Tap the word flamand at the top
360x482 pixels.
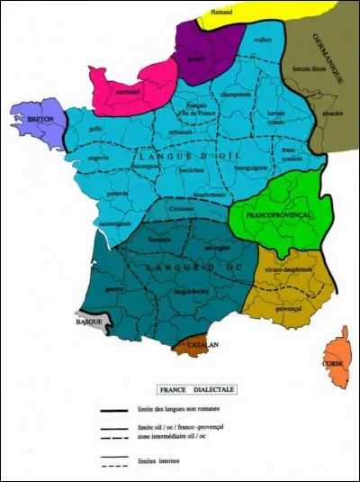point(222,12)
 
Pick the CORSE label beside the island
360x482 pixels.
point(332,363)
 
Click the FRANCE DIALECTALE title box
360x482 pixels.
point(197,389)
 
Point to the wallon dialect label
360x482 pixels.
point(263,41)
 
